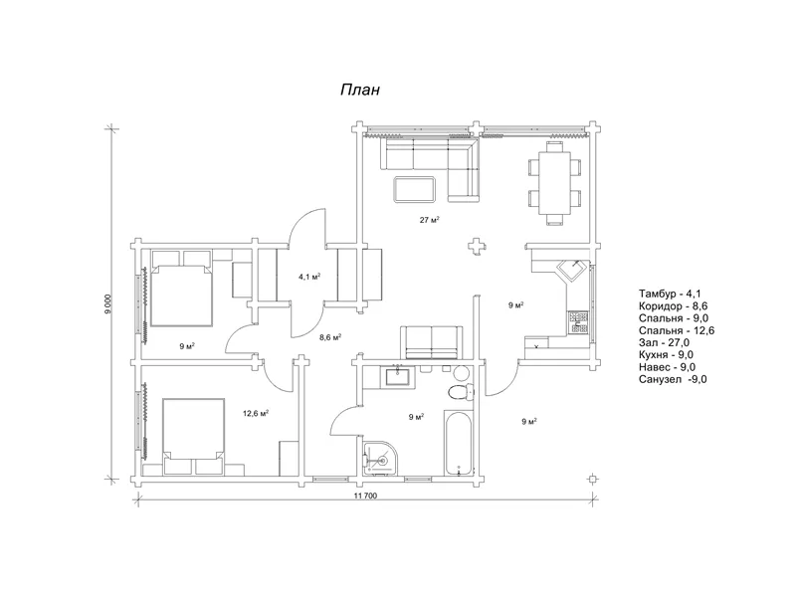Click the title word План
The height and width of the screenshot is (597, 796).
pyautogui.click(x=360, y=90)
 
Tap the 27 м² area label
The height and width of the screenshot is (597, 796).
pyautogui.click(x=429, y=220)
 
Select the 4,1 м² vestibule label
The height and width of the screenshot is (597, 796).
pyautogui.click(x=309, y=277)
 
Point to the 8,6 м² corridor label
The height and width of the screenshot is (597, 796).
pyautogui.click(x=330, y=337)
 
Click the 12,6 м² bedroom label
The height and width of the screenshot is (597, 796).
pyautogui.click(x=256, y=413)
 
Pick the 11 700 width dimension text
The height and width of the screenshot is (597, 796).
pyautogui.click(x=365, y=496)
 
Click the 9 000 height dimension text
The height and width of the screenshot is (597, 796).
pyautogui.click(x=107, y=304)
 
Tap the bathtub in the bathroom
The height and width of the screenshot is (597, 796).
pyautogui.click(x=459, y=443)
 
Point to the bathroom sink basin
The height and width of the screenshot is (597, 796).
pyautogui.click(x=397, y=377)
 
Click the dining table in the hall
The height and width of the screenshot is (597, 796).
pyautogui.click(x=554, y=183)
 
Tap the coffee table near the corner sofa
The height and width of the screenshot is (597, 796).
pyautogui.click(x=415, y=189)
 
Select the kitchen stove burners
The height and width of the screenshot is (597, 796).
pyautogui.click(x=579, y=321)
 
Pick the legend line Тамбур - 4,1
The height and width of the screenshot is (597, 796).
pyautogui.click(x=670, y=294)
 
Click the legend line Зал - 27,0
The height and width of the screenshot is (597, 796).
pyautogui.click(x=664, y=342)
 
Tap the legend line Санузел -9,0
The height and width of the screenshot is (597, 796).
pyautogui.click(x=673, y=379)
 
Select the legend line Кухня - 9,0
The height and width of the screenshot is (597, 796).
pyautogui.click(x=666, y=355)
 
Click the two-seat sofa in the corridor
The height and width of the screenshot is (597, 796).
pyautogui.click(x=432, y=342)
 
